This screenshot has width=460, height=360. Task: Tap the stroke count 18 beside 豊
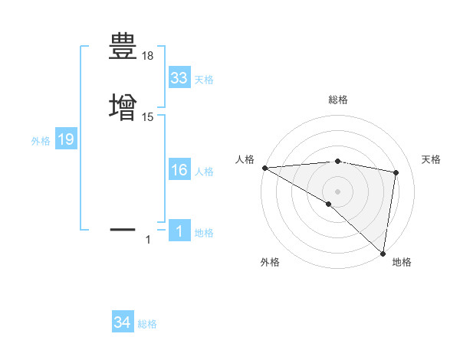[x=148, y=56]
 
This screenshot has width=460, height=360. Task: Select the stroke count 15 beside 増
[x=148, y=116]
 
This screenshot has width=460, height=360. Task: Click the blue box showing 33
[x=179, y=78]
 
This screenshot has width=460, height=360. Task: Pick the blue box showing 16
[x=179, y=170]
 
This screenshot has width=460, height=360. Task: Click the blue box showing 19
[x=66, y=140]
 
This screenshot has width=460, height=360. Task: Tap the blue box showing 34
[x=123, y=323]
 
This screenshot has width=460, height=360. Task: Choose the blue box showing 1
[x=179, y=231]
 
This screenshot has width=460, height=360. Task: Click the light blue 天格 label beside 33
[x=204, y=80]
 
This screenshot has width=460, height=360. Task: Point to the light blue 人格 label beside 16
[x=204, y=172]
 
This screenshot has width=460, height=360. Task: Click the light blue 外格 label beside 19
[x=40, y=141]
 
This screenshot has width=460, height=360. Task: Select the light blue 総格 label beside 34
[x=147, y=324]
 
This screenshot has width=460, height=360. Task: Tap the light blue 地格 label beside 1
[x=204, y=233]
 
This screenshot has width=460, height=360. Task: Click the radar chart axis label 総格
[x=338, y=100]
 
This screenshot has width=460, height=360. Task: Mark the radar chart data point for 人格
[x=264, y=168]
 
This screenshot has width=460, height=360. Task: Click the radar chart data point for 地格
[x=383, y=253]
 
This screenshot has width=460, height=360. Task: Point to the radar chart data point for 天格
[x=396, y=172]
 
